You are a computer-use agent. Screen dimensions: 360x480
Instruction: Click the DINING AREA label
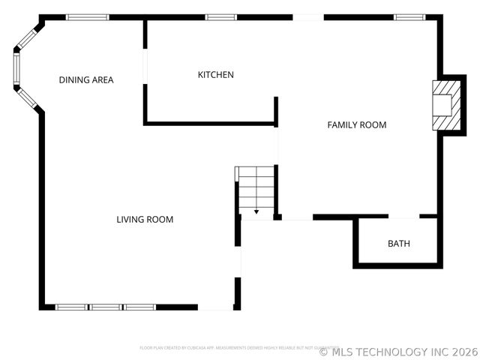pyautogui.click(x=86, y=79)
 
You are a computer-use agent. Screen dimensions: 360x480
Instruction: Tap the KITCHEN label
pyautogui.click(x=215, y=75)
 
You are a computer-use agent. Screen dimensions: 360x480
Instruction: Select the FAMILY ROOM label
pyautogui.click(x=357, y=125)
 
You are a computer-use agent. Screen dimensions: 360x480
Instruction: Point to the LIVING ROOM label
pyautogui.click(x=145, y=220)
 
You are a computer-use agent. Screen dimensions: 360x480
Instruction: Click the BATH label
pyautogui.click(x=398, y=244)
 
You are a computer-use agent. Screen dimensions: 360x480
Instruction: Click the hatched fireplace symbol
pyautogui.click(x=442, y=106)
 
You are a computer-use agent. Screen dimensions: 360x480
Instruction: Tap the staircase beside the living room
pyautogui.click(x=256, y=190)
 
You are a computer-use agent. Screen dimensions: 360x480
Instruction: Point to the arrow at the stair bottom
pyautogui.click(x=256, y=212)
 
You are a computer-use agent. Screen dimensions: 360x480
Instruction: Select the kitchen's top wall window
pyautogui.click(x=220, y=17)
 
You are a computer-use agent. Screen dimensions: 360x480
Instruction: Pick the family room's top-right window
pyautogui.click(x=410, y=17)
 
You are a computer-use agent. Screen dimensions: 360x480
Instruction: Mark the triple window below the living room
pyautogui.click(x=106, y=307)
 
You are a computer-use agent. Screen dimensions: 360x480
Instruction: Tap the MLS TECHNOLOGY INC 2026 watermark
pyautogui.click(x=399, y=351)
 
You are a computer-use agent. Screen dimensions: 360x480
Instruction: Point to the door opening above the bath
pyautogui.click(x=403, y=217)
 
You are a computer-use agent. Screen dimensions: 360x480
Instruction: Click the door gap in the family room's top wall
pyautogui.click(x=307, y=17)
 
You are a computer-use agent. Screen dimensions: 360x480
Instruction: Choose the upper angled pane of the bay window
pyautogui.click(x=27, y=39)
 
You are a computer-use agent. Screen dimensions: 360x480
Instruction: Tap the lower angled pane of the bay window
pyautogui.click(x=27, y=98)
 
